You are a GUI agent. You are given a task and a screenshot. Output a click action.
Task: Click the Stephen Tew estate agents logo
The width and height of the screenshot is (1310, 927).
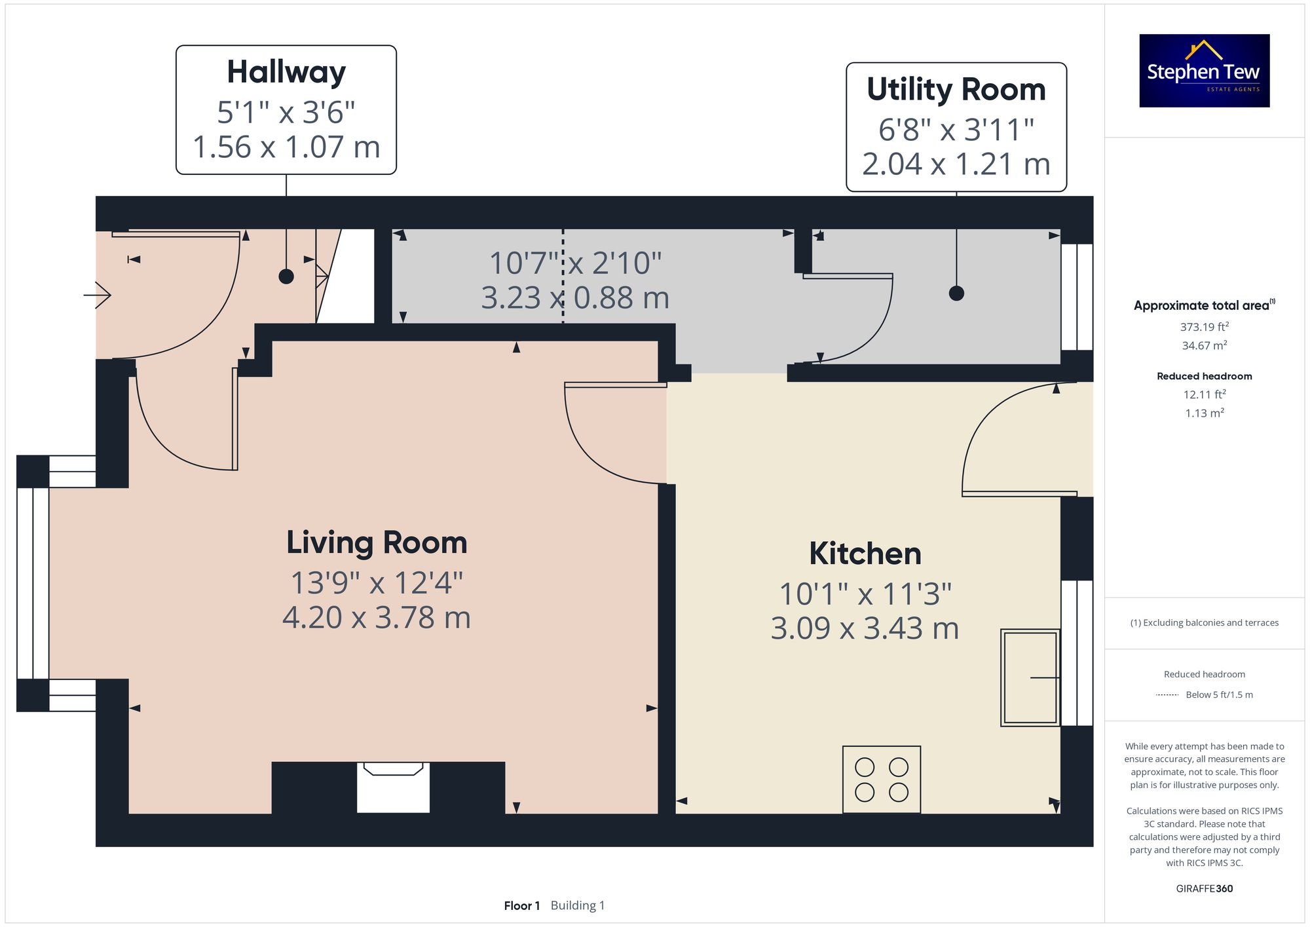1204,71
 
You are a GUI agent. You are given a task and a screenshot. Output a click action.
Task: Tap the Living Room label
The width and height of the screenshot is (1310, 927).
377,543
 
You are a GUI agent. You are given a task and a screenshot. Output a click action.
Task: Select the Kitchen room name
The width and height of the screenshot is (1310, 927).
865,554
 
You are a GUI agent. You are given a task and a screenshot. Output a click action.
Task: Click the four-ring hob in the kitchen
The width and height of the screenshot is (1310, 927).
882,780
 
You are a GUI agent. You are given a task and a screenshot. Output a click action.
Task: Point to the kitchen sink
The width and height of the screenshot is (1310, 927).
1030,677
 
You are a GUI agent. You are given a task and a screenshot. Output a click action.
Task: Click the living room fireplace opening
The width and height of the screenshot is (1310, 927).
393,787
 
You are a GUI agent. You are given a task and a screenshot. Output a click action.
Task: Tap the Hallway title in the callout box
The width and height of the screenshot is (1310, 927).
286,72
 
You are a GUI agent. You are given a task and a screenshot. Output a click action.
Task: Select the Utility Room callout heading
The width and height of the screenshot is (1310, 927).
956,89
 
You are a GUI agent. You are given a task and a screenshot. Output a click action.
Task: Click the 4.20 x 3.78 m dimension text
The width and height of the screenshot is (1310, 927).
377,618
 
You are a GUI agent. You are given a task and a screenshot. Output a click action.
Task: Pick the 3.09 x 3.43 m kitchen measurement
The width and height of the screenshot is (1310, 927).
865,628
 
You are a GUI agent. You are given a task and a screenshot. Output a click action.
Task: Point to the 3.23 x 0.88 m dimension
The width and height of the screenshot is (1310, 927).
575,298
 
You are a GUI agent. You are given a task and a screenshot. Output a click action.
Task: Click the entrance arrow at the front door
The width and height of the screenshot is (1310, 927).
98,295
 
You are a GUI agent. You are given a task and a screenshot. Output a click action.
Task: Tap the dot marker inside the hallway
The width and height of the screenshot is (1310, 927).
286,276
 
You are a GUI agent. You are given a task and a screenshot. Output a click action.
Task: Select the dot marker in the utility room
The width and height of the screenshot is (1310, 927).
956,293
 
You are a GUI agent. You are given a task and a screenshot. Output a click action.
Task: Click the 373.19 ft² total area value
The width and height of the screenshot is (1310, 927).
1204,326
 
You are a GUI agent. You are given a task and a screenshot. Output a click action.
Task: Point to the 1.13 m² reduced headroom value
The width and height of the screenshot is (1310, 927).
1204,413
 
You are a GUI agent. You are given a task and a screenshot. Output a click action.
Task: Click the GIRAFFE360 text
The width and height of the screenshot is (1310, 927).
1204,889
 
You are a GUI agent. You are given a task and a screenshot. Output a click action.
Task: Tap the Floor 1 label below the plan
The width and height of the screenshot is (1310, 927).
522,905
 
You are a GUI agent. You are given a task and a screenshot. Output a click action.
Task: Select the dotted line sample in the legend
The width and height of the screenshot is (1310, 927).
1167,694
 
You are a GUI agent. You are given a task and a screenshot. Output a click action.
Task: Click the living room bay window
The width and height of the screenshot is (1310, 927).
33,583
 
